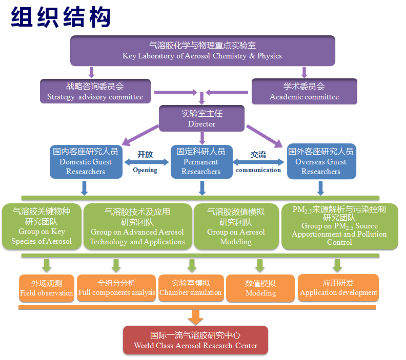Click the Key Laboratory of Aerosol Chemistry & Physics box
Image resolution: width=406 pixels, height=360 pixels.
(x=202, y=50)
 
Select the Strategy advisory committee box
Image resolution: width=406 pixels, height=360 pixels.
(x=95, y=91)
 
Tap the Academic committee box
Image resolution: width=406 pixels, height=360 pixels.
(x=304, y=91)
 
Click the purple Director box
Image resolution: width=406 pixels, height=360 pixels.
(x=201, y=118)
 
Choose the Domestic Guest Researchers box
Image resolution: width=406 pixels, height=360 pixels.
(x=86, y=161)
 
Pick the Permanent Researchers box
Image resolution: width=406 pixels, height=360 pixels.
(x=201, y=161)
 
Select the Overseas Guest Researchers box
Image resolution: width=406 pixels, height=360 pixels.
(x=321, y=161)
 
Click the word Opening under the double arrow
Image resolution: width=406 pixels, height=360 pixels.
(x=145, y=170)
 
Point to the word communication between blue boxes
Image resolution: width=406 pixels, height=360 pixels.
(x=258, y=170)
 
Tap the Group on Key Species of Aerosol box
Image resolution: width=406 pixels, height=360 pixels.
(x=42, y=227)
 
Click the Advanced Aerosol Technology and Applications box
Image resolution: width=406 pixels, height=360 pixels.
(x=137, y=227)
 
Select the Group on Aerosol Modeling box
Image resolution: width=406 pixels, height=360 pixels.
(x=236, y=227)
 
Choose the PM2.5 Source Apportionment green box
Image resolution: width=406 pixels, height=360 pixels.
(x=339, y=226)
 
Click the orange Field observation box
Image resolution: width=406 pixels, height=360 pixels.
(x=46, y=288)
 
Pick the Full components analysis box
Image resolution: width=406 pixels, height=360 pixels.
(x=116, y=288)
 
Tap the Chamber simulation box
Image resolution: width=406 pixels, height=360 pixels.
(x=191, y=288)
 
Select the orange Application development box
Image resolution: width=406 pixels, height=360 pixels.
(x=338, y=288)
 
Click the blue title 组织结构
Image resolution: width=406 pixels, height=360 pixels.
(x=61, y=17)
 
